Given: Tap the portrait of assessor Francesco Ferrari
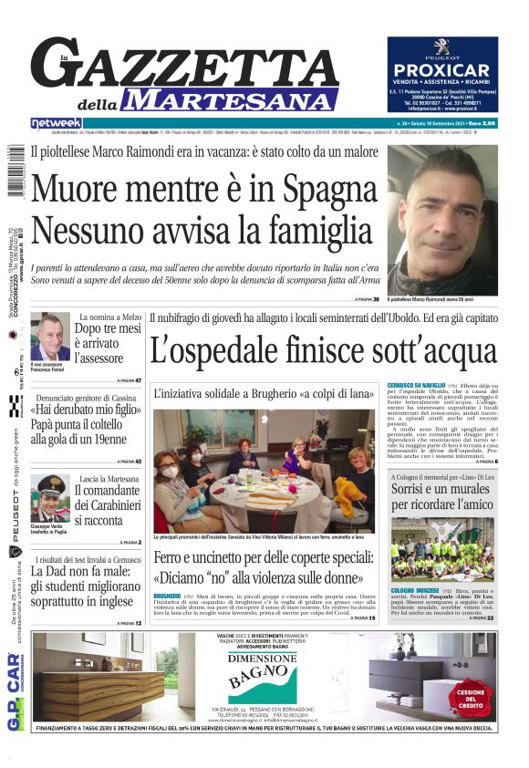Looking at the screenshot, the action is coord(50,337).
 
